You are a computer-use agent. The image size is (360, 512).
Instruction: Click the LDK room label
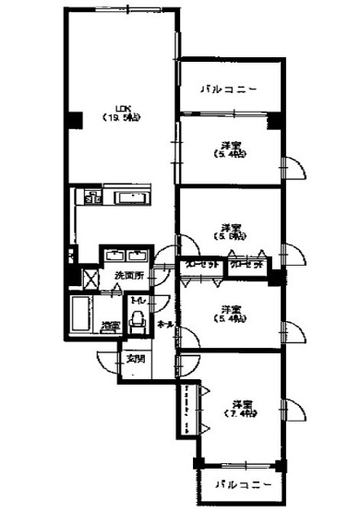point(119,112)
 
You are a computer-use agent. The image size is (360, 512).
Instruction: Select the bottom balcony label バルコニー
point(242,483)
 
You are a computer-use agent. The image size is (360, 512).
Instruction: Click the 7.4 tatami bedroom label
point(242,409)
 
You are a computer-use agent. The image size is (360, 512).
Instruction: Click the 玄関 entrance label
point(135,358)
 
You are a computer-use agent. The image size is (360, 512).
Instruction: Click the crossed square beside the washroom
point(92,276)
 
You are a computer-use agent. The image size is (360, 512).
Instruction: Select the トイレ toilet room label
point(138,302)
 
